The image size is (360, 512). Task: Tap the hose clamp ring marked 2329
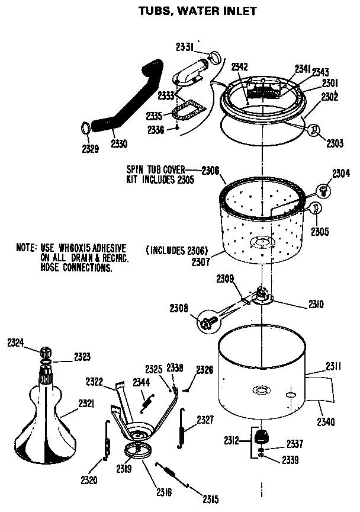(x=86, y=127)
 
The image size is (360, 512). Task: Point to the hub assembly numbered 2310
(x=263, y=296)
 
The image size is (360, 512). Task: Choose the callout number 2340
(x=326, y=422)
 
